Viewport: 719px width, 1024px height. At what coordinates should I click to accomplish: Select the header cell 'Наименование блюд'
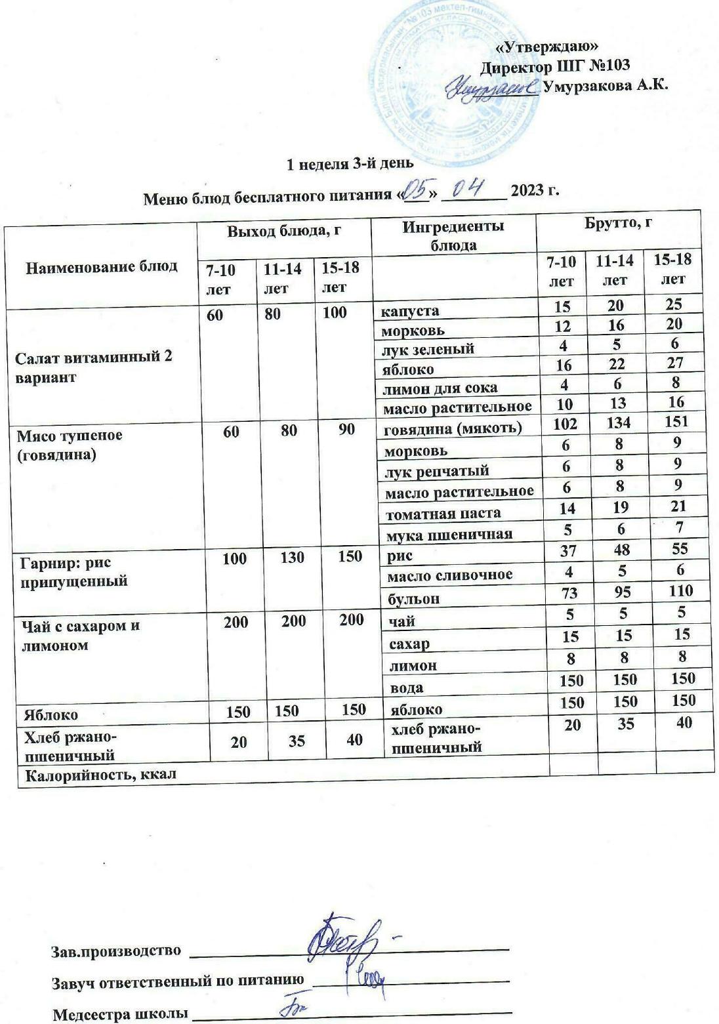pos(102,266)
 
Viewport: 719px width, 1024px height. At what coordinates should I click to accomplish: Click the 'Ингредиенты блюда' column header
pos(453,236)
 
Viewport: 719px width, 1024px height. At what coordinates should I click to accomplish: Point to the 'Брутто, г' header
pos(618,222)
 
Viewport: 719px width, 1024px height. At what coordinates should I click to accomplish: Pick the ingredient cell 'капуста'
pos(411,310)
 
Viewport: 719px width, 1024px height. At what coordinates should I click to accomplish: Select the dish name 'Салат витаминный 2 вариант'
pos(94,367)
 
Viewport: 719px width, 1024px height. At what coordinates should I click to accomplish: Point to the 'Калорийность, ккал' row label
pos(100,775)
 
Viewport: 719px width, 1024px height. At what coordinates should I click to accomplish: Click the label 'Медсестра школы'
pos(119,1014)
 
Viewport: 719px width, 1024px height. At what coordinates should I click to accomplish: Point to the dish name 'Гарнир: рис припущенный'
pos(73,572)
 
